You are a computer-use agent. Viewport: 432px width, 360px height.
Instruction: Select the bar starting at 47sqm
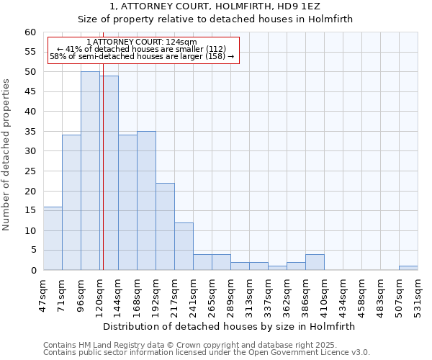coord(53,238)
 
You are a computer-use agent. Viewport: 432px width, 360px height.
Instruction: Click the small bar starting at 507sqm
coord(408,268)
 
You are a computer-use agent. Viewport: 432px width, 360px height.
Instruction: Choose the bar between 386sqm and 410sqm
coord(315,262)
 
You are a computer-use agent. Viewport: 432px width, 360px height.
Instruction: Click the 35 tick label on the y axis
coord(30,132)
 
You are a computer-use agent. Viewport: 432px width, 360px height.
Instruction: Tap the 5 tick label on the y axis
coord(32,251)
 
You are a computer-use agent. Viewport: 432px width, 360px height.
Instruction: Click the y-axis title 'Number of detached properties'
coord(7,155)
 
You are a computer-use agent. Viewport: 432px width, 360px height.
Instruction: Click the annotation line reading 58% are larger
coord(142,56)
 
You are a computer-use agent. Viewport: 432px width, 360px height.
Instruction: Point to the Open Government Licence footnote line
coord(207,352)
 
